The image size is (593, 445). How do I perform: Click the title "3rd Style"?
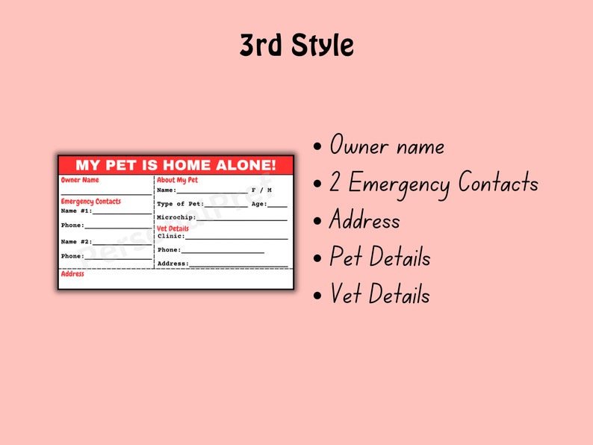296,46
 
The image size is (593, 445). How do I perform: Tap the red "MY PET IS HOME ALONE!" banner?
176,165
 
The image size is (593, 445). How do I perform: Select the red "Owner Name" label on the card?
79,180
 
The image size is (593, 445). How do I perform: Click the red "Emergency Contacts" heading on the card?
90,202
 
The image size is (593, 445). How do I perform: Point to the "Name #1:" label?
76,211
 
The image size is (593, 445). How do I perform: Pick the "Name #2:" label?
76,242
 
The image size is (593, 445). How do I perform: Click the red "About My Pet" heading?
177,180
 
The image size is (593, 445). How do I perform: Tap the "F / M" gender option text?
261,190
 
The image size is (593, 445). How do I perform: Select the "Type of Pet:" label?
180,204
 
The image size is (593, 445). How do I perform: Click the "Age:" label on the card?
259,204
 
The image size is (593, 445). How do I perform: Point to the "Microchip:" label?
176,217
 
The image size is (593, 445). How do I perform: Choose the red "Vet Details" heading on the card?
173,228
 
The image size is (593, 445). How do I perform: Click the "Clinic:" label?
171,236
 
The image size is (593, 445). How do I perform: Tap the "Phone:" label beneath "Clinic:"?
169,250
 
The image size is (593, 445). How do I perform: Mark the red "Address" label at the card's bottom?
72,274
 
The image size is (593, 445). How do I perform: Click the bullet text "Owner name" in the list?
387,146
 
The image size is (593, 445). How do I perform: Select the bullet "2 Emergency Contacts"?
434,183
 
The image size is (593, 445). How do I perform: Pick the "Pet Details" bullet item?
380,258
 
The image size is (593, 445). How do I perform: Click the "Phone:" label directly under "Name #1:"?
72,225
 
